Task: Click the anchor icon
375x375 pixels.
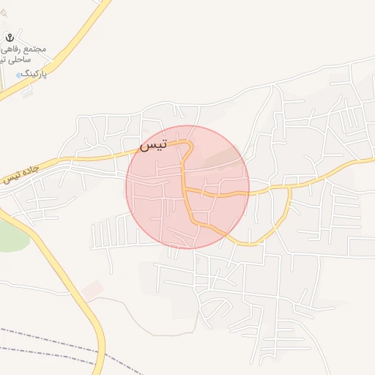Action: [10, 37]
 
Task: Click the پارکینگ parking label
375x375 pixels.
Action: [34, 74]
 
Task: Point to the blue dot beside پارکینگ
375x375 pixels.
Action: [18, 75]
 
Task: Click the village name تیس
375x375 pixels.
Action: [153, 145]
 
